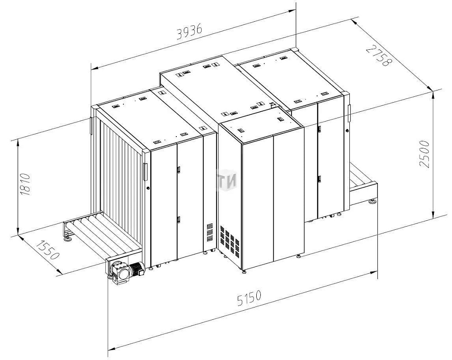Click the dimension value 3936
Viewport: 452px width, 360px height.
(x=189, y=32)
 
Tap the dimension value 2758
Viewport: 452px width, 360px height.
(x=379, y=55)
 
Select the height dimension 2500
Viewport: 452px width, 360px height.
(x=424, y=154)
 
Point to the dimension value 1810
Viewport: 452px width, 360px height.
(x=26, y=185)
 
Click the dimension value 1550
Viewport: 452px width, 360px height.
(x=47, y=250)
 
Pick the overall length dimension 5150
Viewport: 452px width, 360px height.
(x=250, y=298)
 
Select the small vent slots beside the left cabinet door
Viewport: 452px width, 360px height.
(x=210, y=232)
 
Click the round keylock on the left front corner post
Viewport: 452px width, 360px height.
(x=148, y=188)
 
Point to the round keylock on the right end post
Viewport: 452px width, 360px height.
(x=347, y=131)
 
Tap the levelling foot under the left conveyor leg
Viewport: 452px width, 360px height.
(x=68, y=237)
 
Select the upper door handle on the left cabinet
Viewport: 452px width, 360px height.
(x=179, y=170)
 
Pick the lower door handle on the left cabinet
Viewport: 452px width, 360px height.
(x=179, y=220)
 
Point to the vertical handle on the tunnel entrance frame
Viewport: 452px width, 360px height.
(x=145, y=172)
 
